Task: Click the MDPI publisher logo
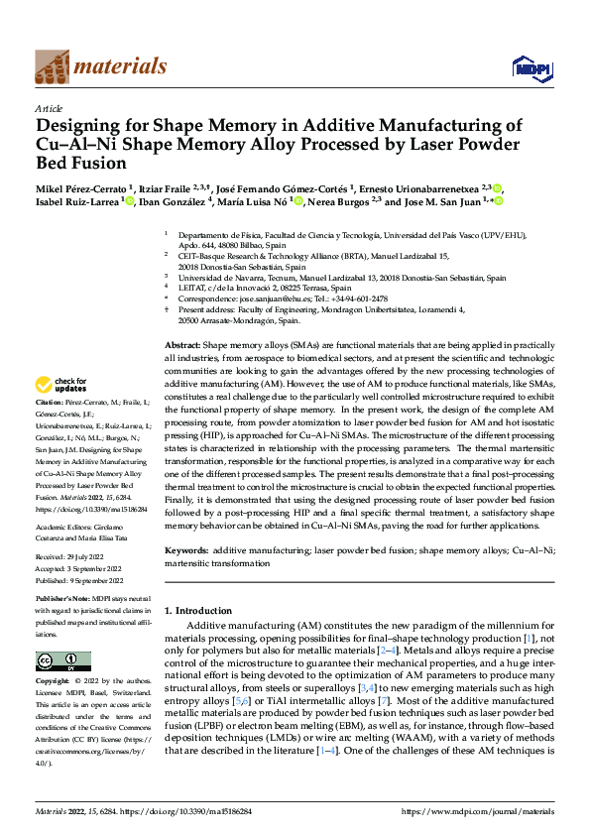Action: click(531, 67)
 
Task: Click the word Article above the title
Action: click(49, 107)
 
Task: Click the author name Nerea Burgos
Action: click(333, 201)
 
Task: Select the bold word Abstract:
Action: click(181, 343)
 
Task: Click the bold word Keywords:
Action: click(186, 548)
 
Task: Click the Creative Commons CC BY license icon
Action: click(62, 661)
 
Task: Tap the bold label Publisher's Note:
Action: click(63, 600)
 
